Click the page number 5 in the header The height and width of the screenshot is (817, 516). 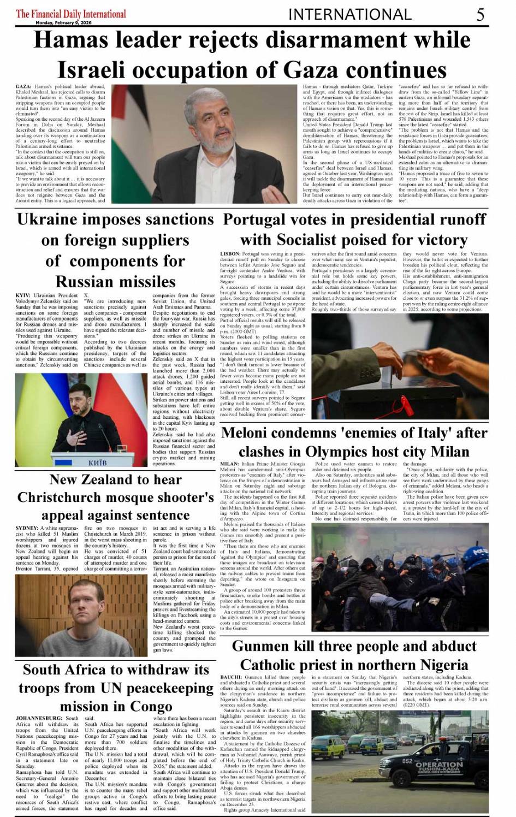[480, 14]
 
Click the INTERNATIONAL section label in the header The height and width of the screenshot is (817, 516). [349, 14]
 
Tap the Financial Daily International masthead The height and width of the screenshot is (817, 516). [71, 14]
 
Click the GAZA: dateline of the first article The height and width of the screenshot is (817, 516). [23, 87]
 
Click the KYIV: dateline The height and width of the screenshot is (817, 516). [23, 295]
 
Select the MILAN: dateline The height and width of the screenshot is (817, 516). [229, 464]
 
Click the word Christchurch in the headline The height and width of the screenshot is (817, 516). [71, 498]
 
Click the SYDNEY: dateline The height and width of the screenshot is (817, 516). [27, 528]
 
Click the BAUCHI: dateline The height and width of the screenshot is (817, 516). [231, 677]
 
